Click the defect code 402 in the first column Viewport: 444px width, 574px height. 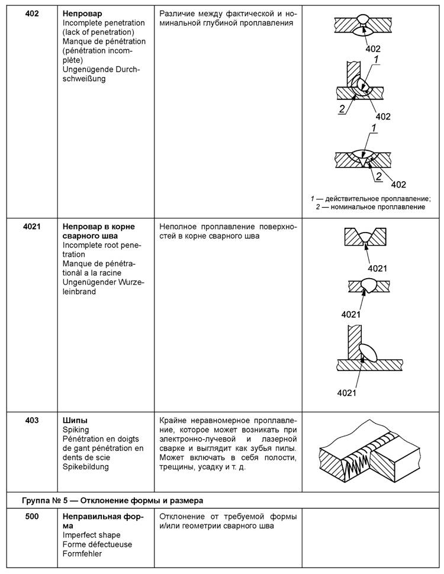coord(32,13)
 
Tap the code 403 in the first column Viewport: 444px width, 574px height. coord(32,420)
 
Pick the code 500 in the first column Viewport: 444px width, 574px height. coord(32,517)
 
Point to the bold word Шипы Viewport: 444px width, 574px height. coord(75,420)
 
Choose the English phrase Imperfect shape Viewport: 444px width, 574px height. coord(91,536)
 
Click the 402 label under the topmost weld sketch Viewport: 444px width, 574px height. coord(372,49)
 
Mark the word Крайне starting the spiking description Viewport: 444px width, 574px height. coord(175,420)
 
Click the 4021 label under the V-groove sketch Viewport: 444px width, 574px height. coord(374,268)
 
